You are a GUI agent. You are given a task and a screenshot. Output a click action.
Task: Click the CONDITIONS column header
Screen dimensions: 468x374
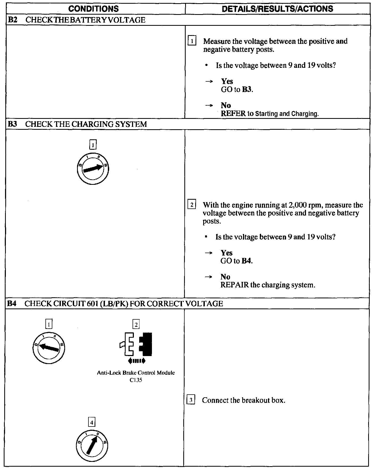93,9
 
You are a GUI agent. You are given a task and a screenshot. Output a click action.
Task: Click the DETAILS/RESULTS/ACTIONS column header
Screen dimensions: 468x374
277,9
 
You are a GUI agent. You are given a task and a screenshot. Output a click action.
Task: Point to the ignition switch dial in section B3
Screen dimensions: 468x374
93,169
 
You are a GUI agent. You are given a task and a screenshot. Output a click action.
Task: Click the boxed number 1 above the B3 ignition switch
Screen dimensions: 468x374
93,145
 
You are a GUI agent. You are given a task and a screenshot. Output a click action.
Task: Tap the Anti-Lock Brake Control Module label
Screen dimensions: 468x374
136,373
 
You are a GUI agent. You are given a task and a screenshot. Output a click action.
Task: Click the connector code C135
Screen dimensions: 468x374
136,380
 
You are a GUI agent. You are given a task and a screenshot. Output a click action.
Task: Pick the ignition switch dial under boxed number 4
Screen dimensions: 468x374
92,445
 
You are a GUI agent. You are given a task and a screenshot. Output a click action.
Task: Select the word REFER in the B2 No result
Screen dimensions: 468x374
233,114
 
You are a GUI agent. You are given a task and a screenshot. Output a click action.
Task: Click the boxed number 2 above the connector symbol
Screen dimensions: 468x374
136,325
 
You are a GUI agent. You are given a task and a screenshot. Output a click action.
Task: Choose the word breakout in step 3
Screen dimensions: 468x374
255,400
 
